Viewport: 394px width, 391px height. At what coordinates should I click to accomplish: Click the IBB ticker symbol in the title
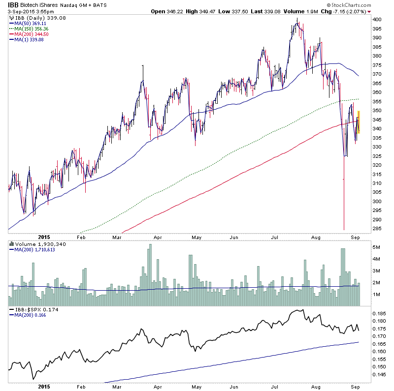[x=13, y=4]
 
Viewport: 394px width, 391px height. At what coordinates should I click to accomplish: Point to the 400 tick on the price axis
[x=377, y=20]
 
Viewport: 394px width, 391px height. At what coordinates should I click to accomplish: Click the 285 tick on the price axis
[x=377, y=228]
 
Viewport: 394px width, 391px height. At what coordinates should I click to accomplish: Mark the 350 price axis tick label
[x=377, y=111]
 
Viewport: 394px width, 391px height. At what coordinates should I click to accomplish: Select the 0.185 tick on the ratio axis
[x=380, y=313]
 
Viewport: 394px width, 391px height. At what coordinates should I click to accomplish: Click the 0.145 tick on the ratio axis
[x=380, y=374]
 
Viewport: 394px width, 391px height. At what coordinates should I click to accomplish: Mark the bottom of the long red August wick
[x=344, y=230]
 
